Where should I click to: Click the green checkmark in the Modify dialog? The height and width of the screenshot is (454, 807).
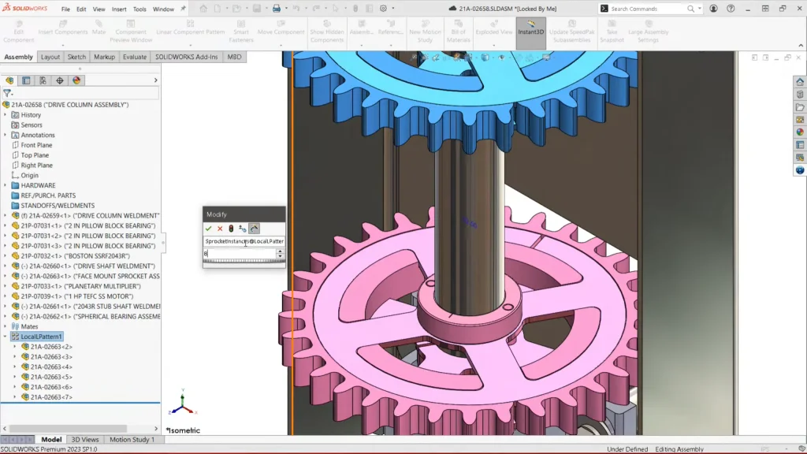(209, 229)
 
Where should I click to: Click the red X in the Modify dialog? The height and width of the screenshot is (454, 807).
(220, 229)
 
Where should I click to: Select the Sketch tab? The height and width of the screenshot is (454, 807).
(76, 57)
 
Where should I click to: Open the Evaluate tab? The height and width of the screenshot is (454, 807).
(134, 57)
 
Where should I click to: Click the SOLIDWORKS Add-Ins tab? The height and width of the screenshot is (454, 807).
(188, 57)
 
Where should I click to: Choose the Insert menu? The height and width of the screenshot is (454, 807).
(119, 9)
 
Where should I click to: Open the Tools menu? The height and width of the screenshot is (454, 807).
(139, 9)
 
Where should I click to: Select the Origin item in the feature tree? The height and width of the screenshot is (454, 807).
(30, 176)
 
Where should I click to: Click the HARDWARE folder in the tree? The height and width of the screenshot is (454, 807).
(38, 186)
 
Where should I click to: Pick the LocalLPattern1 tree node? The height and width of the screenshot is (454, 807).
(41, 337)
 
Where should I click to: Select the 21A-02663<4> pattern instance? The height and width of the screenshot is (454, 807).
(51, 367)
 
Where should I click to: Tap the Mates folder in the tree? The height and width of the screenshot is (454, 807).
(30, 326)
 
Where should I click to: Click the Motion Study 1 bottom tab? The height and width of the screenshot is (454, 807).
(132, 440)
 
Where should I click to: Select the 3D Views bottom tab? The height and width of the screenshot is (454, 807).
(85, 440)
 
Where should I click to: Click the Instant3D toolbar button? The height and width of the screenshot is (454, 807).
(530, 32)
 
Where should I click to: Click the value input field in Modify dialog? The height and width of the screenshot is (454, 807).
(240, 254)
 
